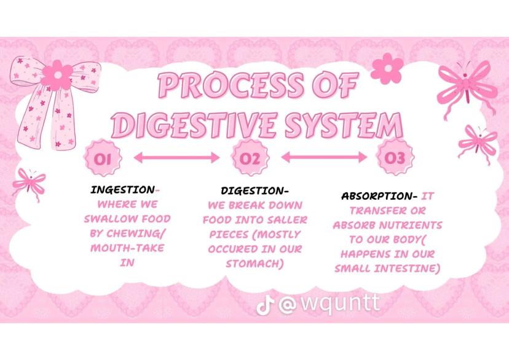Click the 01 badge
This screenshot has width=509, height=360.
point(103,158)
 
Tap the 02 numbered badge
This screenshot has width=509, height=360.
point(250,158)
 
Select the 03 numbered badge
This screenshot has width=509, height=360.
point(395,157)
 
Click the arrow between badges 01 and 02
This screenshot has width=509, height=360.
point(177,158)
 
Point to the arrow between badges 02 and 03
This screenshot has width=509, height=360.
point(324,157)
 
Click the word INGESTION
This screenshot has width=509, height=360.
point(123,190)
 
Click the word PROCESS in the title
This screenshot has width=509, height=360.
point(231,85)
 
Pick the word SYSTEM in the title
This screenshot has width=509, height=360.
point(344,125)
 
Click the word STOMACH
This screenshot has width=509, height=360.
point(255,264)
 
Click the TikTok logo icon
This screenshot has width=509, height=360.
point(265,305)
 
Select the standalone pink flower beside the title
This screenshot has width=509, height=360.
point(387,68)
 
